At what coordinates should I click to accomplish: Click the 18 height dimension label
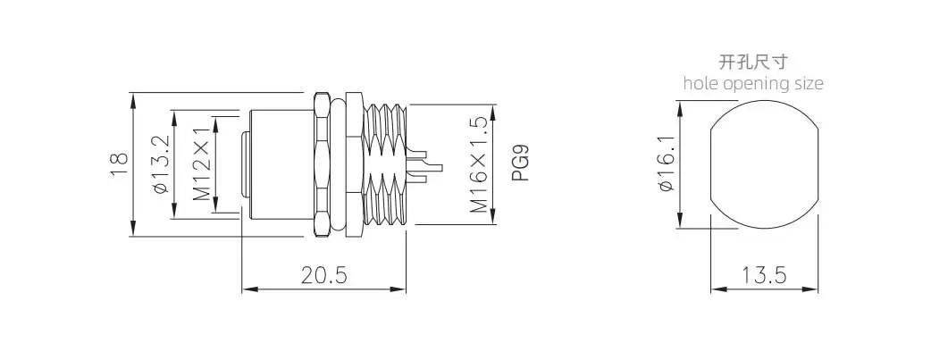[120, 164]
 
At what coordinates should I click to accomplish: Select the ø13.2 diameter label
[161, 164]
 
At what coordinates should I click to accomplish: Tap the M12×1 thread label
[202, 163]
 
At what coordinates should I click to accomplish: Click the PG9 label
[520, 164]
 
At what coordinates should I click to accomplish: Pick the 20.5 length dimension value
[323, 275]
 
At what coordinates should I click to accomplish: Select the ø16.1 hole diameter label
[667, 163]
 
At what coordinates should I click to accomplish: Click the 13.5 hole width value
[764, 275]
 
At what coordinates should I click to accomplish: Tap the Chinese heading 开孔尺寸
[753, 61]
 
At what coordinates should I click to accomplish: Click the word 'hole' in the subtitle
[701, 82]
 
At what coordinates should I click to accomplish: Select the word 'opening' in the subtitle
[757, 84]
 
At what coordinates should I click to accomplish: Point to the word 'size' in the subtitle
[809, 82]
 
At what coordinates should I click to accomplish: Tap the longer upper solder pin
[424, 161]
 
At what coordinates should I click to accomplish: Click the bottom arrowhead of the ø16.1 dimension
[681, 221]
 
